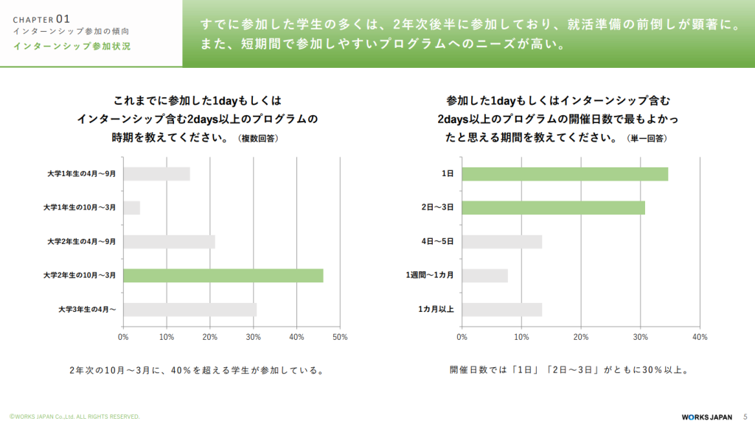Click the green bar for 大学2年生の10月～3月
223,275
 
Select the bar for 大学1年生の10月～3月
131,208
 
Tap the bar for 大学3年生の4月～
189,309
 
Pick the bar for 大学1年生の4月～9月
156,174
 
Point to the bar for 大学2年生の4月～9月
169,241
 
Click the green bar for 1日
565,174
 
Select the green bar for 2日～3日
554,208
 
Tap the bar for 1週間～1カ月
485,275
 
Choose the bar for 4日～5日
502,241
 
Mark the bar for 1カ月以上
502,309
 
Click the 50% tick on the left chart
340,337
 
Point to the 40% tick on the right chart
700,337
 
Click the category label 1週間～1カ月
429,275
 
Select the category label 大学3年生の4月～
87,309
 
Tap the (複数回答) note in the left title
259,139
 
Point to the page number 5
745,416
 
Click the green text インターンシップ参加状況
72,46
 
